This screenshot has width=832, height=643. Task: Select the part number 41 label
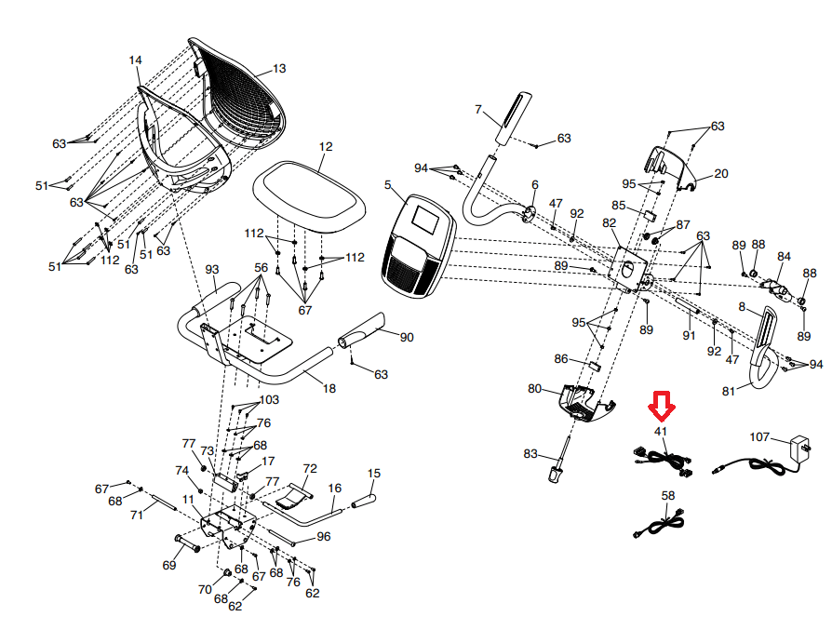tap(661, 431)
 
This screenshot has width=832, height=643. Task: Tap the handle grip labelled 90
tap(369, 330)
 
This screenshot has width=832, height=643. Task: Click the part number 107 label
tap(759, 435)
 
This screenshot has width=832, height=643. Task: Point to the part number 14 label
tap(136, 60)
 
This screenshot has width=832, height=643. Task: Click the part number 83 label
tap(530, 454)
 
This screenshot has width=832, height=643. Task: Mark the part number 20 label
tap(721, 173)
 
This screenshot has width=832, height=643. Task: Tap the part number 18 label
tap(329, 388)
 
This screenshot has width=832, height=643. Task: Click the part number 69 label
tap(169, 565)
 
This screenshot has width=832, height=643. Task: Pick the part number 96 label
tap(324, 536)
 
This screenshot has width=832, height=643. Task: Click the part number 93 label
tap(212, 269)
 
